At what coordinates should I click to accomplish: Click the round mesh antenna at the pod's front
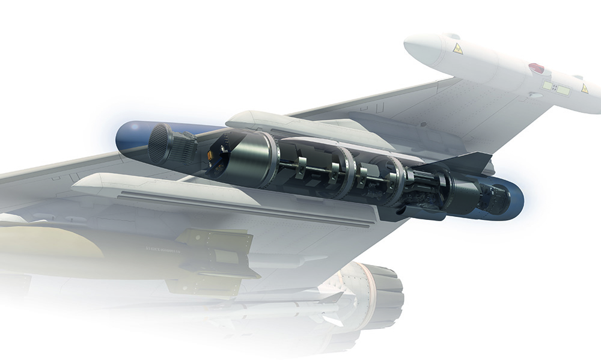coord(160,144)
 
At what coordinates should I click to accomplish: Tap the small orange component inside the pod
coord(211,155)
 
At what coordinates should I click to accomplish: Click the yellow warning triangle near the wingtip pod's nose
coord(458,49)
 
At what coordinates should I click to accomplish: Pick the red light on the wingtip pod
coord(536,68)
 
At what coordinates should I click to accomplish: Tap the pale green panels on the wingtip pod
coord(556,88)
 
